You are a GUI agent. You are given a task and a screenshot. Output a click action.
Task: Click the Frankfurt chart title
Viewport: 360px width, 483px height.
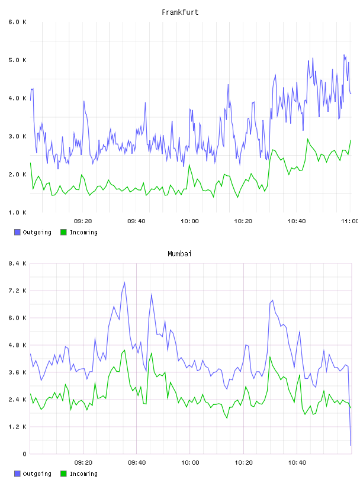click(180, 12)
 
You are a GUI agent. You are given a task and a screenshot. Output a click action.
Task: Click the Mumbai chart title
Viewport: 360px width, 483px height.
click(179, 254)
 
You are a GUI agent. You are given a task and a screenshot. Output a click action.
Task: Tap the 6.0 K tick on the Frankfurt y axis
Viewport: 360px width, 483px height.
click(17, 22)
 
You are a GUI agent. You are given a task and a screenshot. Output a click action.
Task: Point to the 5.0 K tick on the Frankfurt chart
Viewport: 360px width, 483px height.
click(17, 60)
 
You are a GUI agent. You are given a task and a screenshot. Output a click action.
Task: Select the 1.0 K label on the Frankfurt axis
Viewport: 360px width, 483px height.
click(17, 212)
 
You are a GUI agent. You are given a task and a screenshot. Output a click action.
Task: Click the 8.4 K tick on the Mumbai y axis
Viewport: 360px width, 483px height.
click(17, 263)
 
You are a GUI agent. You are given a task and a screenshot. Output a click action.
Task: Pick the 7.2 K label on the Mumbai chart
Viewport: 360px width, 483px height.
click(17, 291)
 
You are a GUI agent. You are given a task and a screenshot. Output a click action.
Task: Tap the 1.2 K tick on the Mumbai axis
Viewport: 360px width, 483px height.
click(17, 427)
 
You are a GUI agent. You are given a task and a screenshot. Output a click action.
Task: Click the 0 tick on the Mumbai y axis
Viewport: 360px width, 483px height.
click(24, 454)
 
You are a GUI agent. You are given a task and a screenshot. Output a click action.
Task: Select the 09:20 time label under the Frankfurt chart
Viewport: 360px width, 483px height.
click(83, 221)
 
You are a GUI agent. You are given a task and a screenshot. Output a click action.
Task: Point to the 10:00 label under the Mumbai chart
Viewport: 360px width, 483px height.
click(190, 463)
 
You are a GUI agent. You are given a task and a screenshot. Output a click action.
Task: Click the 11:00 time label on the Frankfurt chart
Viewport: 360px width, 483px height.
click(350, 221)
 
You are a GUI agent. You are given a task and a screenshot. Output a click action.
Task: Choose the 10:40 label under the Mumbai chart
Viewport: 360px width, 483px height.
click(297, 463)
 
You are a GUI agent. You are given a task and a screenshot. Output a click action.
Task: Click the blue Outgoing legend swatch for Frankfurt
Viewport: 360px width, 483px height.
click(17, 232)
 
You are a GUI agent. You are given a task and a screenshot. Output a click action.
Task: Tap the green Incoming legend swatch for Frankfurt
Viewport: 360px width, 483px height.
click(63, 232)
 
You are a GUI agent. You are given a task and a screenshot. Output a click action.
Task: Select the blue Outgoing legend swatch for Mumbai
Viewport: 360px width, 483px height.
click(17, 474)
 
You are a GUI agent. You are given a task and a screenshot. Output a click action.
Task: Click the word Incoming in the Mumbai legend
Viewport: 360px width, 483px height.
click(83, 474)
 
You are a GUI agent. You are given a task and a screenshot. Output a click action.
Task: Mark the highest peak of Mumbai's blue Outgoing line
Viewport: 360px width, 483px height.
click(124, 282)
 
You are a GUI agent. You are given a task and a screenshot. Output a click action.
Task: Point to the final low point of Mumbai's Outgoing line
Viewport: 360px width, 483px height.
click(351, 445)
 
